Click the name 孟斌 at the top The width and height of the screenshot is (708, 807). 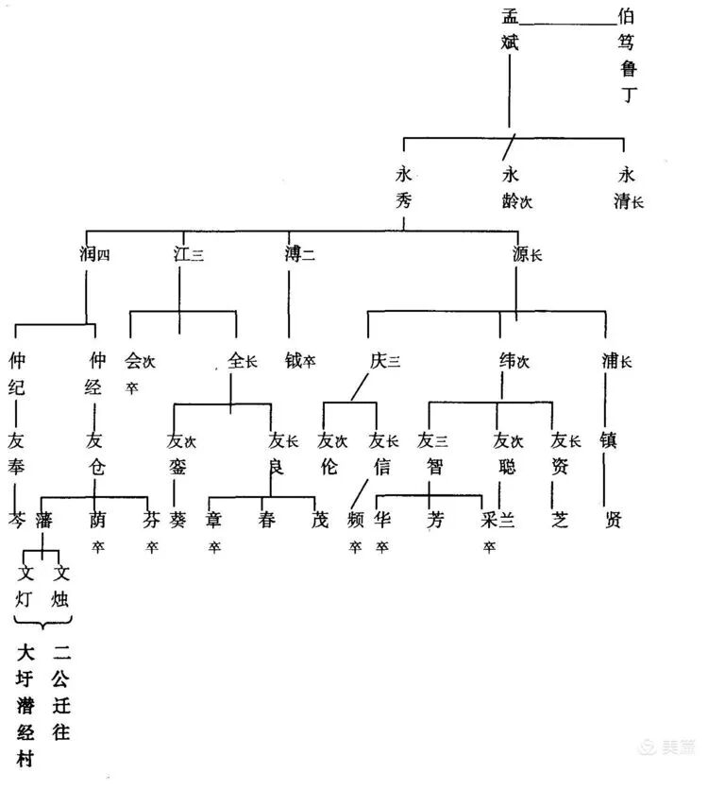click(511, 28)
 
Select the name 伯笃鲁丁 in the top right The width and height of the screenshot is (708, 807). click(628, 55)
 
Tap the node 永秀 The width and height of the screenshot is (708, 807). click(404, 186)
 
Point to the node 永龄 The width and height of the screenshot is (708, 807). click(512, 186)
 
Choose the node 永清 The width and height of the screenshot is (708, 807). click(625, 186)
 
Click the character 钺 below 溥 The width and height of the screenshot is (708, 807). click(294, 360)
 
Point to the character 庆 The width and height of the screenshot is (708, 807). click(379, 360)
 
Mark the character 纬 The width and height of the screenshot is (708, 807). click(507, 360)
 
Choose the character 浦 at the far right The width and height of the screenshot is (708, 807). click(610, 360)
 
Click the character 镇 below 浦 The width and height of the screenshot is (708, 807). click(609, 439)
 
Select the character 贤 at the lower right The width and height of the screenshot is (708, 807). click(613, 520)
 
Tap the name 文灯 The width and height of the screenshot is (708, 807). click(25, 585)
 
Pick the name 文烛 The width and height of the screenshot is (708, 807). click(62, 585)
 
